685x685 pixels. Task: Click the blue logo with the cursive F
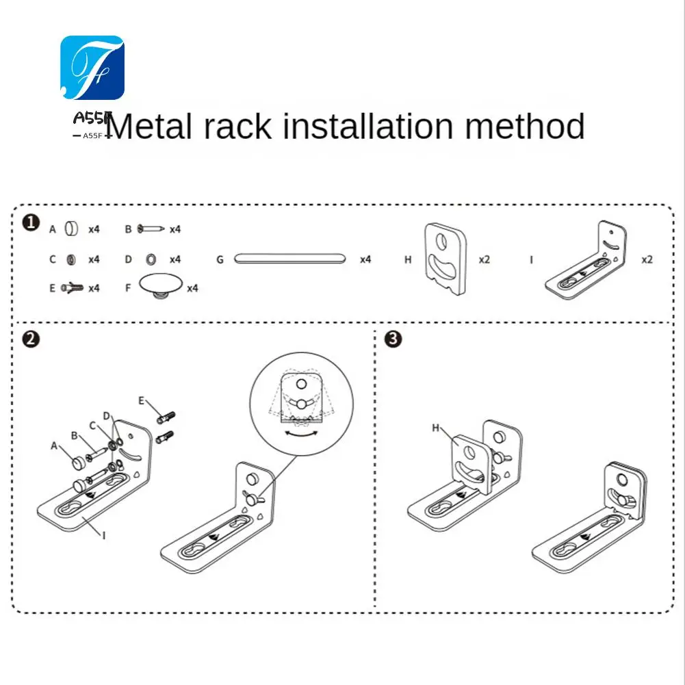pos(92,68)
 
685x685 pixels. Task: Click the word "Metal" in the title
pos(148,127)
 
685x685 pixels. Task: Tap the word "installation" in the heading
pos(368,126)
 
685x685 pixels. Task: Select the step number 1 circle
pos(31,223)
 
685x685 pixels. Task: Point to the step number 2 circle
pos(31,339)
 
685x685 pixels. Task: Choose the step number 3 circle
pos(393,339)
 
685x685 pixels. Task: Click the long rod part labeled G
pos(289,259)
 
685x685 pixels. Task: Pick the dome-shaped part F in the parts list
pos(160,286)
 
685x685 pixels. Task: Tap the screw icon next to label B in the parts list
pos(151,229)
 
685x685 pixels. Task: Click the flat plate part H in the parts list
pos(445,259)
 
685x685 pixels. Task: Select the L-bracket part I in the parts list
pos(585,260)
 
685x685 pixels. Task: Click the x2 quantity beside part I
pos(647,259)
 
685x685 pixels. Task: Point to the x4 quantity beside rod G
pos(365,259)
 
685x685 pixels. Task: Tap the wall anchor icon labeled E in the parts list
pos(72,287)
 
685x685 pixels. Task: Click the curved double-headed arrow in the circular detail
pos(301,433)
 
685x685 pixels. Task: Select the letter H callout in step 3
pos(435,428)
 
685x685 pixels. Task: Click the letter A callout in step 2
pos(54,445)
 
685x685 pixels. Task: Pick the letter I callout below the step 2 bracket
pos(104,535)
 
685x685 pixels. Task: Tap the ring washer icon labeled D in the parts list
pos(151,259)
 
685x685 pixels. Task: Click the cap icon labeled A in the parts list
pos(71,229)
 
